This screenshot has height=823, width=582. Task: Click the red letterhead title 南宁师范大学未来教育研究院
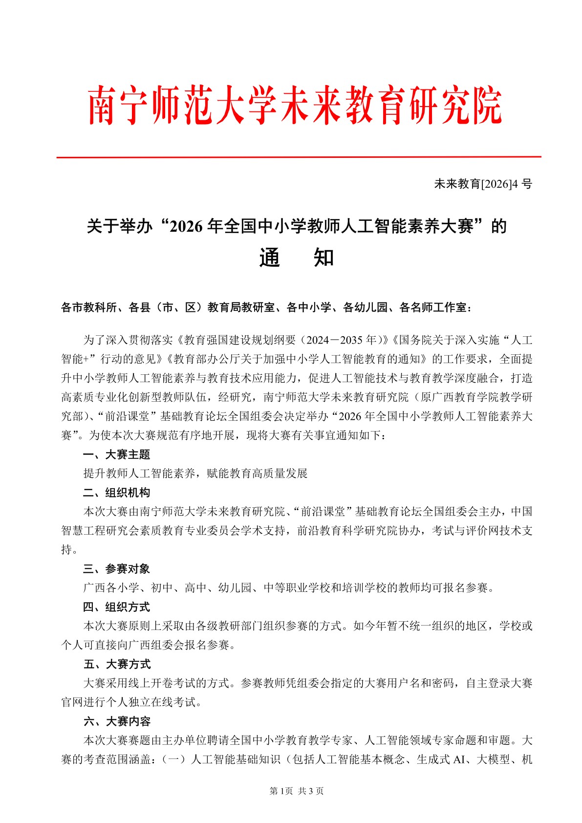tap(295, 106)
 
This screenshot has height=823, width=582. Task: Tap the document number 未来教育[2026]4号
tap(483, 184)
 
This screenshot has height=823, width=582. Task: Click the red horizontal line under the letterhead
tap(299, 157)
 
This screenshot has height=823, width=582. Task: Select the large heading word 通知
tap(296, 258)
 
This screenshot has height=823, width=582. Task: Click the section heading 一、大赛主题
tap(116, 455)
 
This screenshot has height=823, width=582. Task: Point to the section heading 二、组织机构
tap(116, 493)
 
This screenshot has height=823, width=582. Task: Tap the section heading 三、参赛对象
tap(116, 569)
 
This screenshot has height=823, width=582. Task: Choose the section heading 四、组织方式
tap(116, 607)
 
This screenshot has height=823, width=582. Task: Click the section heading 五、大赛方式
tap(116, 664)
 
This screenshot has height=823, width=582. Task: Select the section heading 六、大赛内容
tap(116, 721)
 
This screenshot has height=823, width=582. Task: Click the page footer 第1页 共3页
tap(296, 791)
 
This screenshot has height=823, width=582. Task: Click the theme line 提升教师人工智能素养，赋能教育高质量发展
tap(195, 474)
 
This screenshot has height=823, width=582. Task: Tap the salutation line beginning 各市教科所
tap(266, 307)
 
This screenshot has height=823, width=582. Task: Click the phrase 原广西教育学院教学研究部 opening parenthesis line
tap(476, 397)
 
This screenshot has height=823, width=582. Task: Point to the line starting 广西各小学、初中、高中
tap(288, 588)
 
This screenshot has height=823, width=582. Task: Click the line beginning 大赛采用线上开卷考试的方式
tap(308, 683)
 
